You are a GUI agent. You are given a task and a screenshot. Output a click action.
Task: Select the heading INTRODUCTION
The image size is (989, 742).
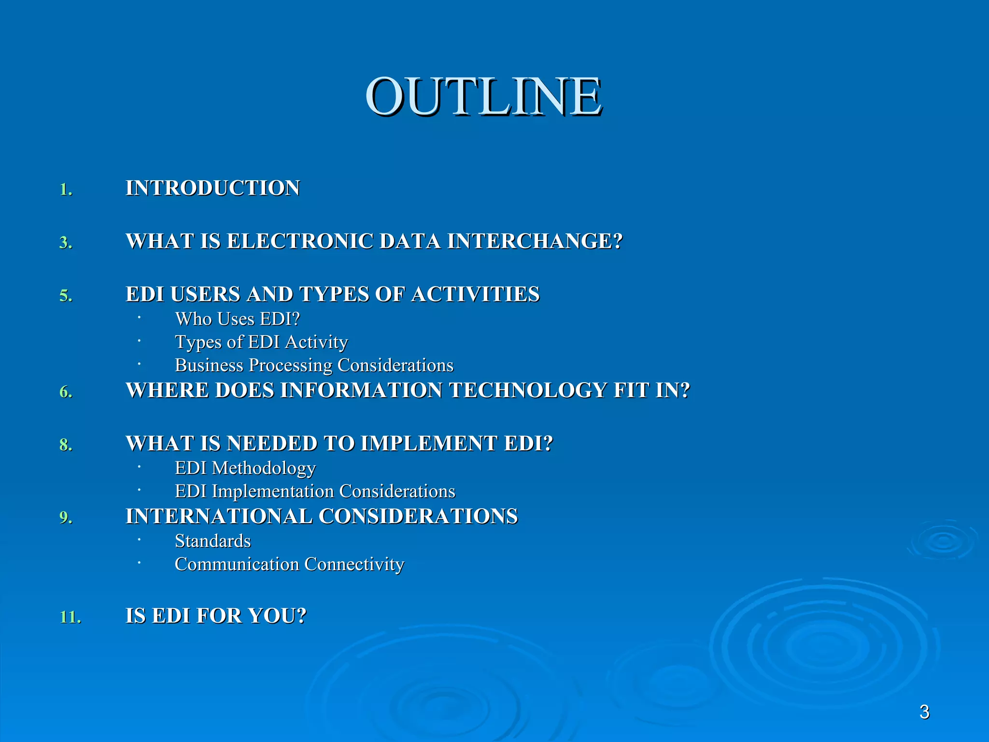212,188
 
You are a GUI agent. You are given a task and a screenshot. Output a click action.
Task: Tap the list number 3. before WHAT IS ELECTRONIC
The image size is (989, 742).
66,243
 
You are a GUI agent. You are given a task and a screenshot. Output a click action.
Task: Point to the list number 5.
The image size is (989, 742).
66,296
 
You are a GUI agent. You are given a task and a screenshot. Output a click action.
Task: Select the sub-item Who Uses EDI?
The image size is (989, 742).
237,319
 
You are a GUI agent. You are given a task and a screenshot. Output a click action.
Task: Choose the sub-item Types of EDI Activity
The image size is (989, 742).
261,342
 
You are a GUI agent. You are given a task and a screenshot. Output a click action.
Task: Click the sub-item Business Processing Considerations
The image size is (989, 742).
314,366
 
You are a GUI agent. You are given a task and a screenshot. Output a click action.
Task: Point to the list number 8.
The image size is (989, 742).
66,445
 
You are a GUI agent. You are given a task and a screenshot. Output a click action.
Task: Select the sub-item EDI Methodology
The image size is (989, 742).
245,468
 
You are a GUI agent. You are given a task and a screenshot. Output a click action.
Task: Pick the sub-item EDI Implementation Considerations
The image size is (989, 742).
315,492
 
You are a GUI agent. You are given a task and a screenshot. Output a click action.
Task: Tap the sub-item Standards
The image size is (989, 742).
212,542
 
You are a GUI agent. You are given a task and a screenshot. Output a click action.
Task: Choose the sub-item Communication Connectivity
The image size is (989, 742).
289,565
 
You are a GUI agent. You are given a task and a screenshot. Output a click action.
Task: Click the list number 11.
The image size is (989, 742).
70,617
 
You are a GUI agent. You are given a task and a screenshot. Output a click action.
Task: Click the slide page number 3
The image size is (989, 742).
924,712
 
